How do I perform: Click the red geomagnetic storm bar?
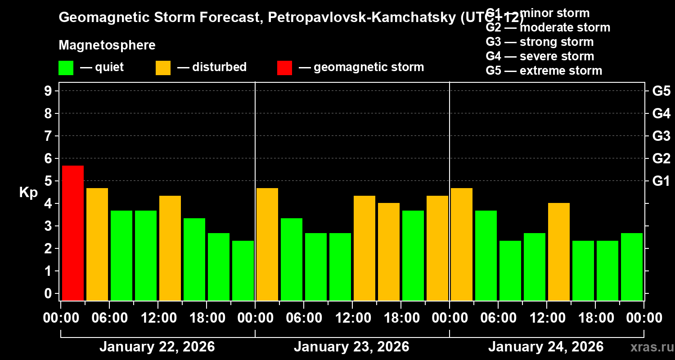pyautogui.click(x=73, y=233)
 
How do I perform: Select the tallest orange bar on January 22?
pyautogui.click(x=97, y=244)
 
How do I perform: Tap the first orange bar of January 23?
pyautogui.click(x=267, y=244)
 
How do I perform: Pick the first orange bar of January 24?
pyautogui.click(x=462, y=244)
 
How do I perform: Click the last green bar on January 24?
pyautogui.click(x=632, y=266)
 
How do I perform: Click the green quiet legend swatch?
pyautogui.click(x=66, y=68)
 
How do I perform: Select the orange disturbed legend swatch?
pyautogui.click(x=163, y=68)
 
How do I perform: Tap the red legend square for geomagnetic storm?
pyautogui.click(x=284, y=68)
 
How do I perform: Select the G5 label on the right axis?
pyautogui.click(x=661, y=91)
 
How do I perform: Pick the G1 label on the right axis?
pyautogui.click(x=661, y=181)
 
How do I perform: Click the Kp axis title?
pyautogui.click(x=28, y=193)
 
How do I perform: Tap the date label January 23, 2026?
pyautogui.click(x=351, y=347)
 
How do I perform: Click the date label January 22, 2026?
pyautogui.click(x=157, y=347)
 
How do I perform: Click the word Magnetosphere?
pyautogui.click(x=107, y=45)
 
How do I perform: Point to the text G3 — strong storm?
pyautogui.click(x=540, y=42)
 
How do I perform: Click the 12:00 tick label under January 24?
pyautogui.click(x=546, y=318)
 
